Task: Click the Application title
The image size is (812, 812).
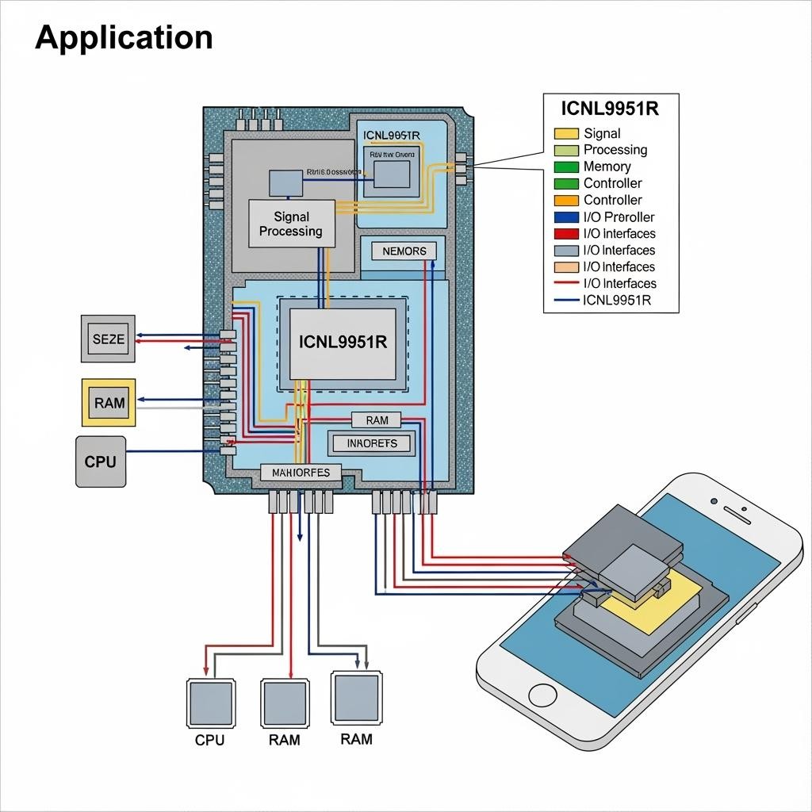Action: [124, 37]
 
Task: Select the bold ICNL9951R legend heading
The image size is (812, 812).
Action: [611, 109]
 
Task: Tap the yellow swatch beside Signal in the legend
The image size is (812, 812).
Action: [566, 133]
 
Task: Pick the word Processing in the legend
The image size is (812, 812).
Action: [615, 150]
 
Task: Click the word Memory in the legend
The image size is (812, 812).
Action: [607, 167]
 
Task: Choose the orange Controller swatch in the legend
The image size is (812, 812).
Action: [566, 200]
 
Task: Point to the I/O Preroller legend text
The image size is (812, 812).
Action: [619, 216]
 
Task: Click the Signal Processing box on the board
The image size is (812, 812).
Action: [291, 224]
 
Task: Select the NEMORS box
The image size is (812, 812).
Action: [404, 251]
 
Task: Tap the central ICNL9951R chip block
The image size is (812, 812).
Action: [343, 342]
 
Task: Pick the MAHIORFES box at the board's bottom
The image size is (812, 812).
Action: [301, 473]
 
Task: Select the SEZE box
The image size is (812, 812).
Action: [109, 339]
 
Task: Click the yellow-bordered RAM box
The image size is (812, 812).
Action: [109, 402]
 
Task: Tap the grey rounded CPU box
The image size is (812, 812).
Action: [100, 461]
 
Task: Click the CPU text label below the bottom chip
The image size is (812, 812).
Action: [209, 740]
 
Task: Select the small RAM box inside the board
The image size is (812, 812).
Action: [377, 420]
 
